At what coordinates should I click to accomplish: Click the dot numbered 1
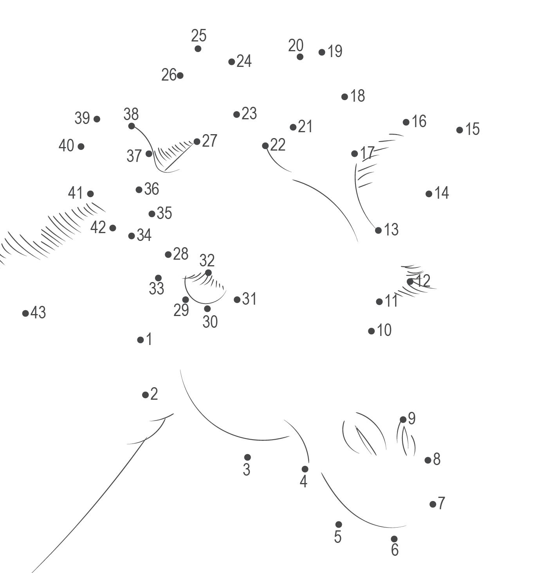click(x=141, y=340)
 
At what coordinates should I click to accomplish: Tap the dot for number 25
click(x=198, y=49)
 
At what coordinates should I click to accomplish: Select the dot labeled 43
click(x=25, y=313)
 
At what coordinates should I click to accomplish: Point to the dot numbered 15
click(x=460, y=130)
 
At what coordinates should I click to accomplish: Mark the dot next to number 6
click(x=394, y=539)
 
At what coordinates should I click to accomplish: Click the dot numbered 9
click(x=403, y=420)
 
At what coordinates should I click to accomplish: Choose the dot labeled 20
click(x=300, y=57)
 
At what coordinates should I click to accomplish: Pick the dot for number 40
click(x=81, y=146)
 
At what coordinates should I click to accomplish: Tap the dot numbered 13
click(x=378, y=230)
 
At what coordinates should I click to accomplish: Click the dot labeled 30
click(x=207, y=309)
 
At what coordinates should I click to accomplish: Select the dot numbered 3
click(x=247, y=457)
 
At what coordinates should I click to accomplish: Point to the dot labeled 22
click(x=265, y=146)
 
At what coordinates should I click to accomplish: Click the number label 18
click(x=357, y=96)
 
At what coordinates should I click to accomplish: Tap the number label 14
click(x=442, y=193)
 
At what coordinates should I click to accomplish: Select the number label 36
click(x=152, y=189)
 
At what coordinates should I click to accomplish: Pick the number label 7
click(x=442, y=503)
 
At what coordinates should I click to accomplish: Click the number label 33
click(x=156, y=289)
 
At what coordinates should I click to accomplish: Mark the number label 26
click(x=169, y=75)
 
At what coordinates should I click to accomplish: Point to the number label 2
click(x=154, y=394)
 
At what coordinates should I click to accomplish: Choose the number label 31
click(x=249, y=299)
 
